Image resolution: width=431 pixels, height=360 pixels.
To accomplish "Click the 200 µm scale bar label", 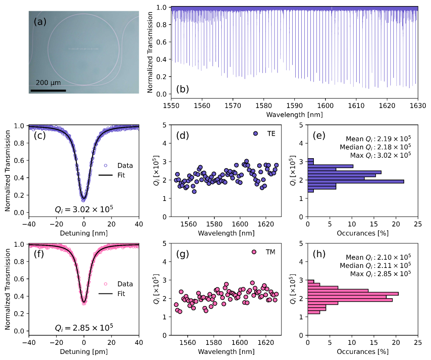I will tap(48, 83).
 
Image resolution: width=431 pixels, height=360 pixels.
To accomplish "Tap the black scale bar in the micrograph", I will tap(48, 90).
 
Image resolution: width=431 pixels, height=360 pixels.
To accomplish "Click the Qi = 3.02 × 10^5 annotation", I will tap(84, 210).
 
